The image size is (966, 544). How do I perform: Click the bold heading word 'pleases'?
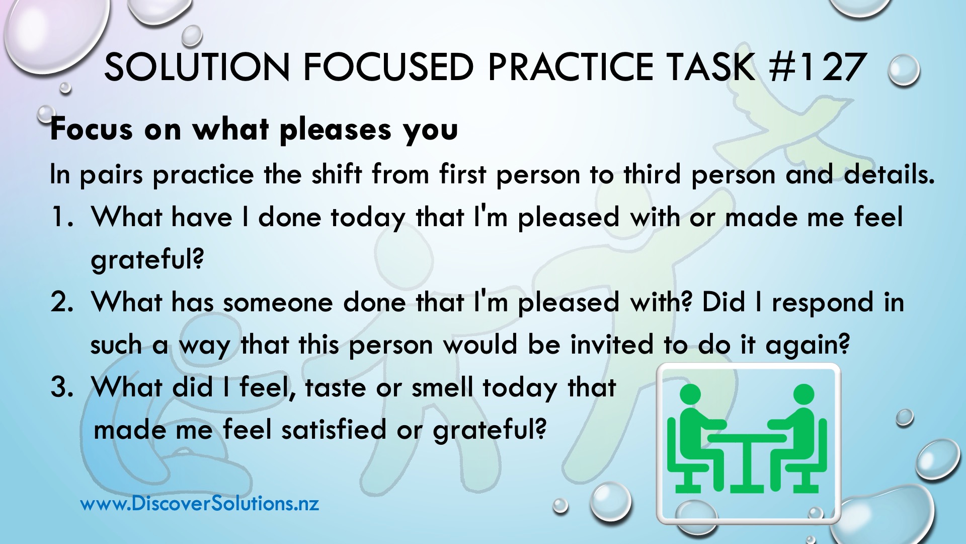click(336, 130)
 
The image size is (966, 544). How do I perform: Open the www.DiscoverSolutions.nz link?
click(200, 503)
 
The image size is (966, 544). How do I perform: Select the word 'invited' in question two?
click(612, 345)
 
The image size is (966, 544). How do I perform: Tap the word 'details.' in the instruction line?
click(890, 174)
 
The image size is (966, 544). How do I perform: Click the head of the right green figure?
click(803, 394)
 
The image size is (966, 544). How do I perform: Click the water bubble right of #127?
click(904, 71)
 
